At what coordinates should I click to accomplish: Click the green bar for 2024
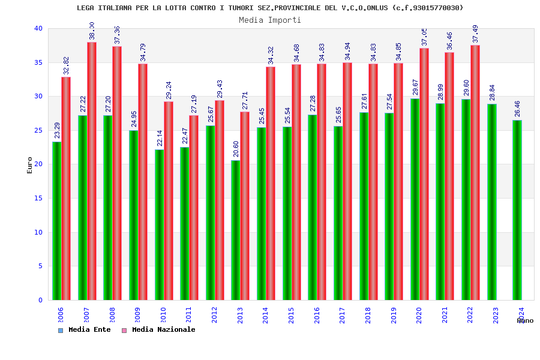click(517, 210)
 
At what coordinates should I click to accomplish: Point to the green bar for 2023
click(491, 202)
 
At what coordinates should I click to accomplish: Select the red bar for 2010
click(169, 200)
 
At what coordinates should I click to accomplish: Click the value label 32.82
click(67, 66)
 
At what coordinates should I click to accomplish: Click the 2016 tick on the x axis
click(317, 315)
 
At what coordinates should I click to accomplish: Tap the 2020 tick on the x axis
click(419, 315)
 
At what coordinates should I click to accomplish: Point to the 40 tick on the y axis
click(38, 29)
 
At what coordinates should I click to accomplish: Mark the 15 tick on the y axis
click(38, 199)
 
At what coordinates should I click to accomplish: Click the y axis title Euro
click(30, 165)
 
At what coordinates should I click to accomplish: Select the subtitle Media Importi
click(270, 20)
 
